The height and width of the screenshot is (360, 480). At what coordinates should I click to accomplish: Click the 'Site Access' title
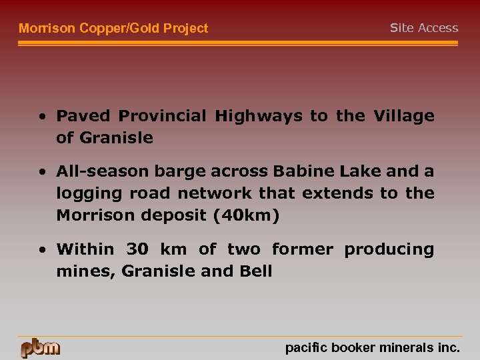point(424,28)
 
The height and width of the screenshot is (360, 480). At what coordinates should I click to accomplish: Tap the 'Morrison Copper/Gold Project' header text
point(113,28)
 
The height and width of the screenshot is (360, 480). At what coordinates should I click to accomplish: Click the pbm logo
point(40,348)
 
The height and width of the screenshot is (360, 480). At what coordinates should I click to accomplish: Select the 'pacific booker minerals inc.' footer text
point(372,347)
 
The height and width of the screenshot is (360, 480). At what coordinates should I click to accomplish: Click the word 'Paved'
point(84,116)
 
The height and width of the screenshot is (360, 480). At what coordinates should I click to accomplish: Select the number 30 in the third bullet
point(137,249)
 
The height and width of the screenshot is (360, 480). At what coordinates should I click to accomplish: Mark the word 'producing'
point(389,249)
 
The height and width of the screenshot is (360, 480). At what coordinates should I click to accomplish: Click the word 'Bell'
point(257,271)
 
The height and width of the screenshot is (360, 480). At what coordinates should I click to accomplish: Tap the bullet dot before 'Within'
point(42,250)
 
